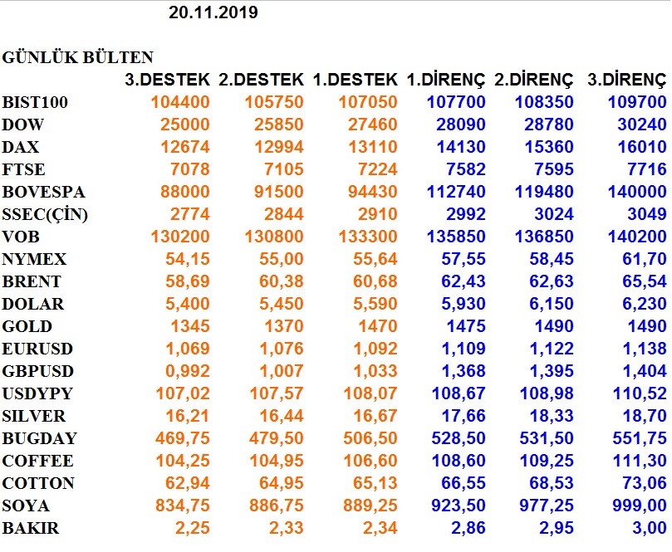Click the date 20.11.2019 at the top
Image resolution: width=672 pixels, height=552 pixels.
tap(213, 12)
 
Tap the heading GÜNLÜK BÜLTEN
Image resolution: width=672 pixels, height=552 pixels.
tap(77, 57)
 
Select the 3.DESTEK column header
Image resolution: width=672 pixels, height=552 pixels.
tap(167, 79)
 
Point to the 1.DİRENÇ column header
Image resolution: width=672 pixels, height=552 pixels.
tap(446, 79)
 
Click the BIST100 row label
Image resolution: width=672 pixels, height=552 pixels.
tap(35, 102)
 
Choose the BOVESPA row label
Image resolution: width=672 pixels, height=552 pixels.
tap(43, 192)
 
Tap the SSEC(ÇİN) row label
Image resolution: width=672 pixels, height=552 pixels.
tap(45, 214)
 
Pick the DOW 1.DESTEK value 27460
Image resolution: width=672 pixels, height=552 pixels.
tap(372, 125)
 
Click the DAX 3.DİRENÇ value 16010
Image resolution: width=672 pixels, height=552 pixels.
tap(641, 147)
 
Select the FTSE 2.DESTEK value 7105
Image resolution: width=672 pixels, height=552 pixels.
tap(284, 169)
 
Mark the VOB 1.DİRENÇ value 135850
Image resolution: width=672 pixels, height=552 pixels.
tap(456, 237)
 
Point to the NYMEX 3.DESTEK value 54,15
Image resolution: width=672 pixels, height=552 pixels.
tap(188, 259)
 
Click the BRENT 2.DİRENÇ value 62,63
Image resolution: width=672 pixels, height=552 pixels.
tap(552, 281)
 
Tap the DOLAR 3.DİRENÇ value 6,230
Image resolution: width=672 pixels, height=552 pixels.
tap(644, 304)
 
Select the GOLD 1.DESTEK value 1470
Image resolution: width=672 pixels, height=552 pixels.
tap(378, 326)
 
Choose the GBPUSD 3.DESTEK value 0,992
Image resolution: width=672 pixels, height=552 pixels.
tap(188, 371)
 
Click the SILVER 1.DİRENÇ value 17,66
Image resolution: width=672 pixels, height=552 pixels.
tap(464, 416)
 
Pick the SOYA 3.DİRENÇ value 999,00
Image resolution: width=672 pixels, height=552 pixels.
tap(640, 506)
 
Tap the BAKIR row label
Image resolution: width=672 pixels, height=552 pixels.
tap(31, 528)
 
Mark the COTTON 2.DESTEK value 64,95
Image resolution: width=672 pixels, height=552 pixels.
tap(281, 483)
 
